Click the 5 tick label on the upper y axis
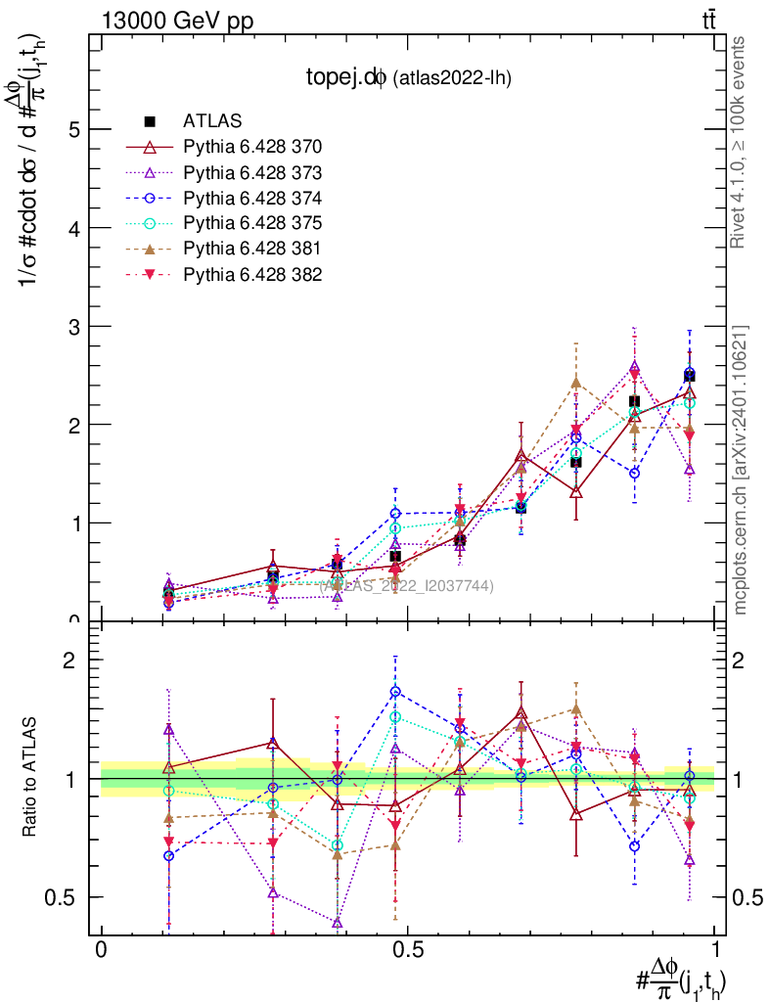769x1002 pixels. pyautogui.click(x=72, y=129)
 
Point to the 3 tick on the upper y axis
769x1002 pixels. pyautogui.click(x=72, y=326)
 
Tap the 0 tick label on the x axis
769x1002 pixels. pyautogui.click(x=101, y=951)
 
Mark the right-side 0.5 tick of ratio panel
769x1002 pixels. pyautogui.click(x=745, y=897)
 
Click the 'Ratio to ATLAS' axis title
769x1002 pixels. pyautogui.click(x=32, y=778)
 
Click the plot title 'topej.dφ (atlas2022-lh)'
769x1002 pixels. pyautogui.click(x=407, y=77)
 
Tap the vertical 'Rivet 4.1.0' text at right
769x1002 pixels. pyautogui.click(x=740, y=142)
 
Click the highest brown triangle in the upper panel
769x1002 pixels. pyautogui.click(x=576, y=383)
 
